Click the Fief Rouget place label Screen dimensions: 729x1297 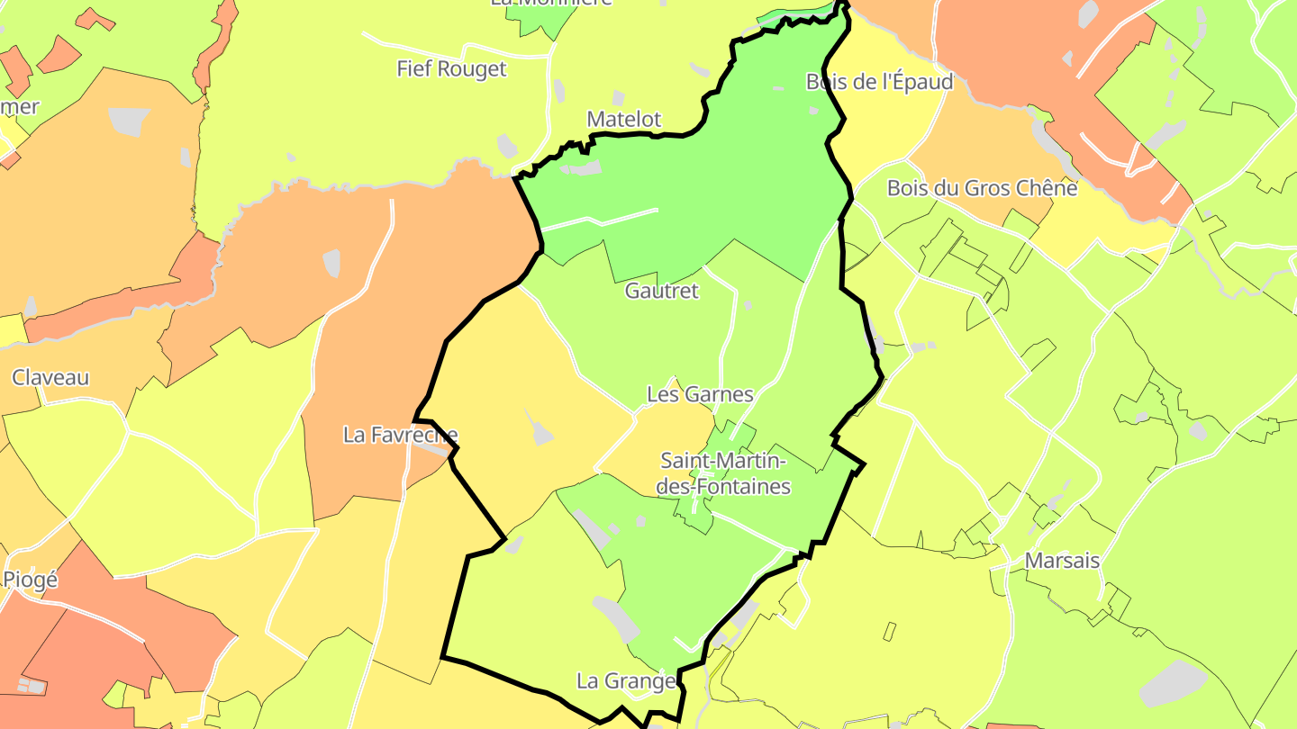click(451, 68)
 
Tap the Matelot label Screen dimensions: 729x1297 click(623, 119)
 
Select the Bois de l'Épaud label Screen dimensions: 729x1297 click(879, 82)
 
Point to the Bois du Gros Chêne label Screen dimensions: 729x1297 click(982, 188)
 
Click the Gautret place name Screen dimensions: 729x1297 click(661, 291)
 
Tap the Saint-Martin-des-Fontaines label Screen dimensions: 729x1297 click(725, 473)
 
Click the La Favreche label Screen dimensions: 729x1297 click(400, 435)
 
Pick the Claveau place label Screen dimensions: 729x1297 click(50, 377)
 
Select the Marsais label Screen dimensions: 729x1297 click(1062, 560)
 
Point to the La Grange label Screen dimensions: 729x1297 click(626, 680)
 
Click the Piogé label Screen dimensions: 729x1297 click(31, 580)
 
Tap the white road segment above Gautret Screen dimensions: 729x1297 click(599, 219)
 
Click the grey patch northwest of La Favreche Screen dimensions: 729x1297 click(331, 263)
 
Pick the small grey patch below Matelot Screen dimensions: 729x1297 click(581, 167)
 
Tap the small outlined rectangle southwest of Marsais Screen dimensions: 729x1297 click(890, 632)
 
